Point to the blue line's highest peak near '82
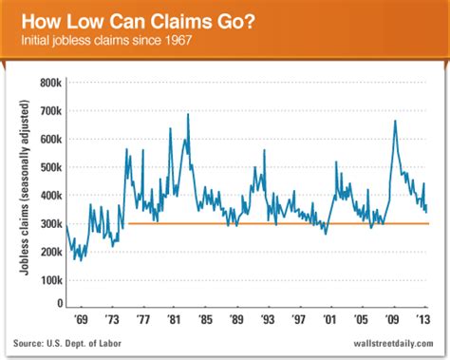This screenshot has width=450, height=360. tap(188, 114)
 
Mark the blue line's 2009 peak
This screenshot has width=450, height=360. tap(394, 121)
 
